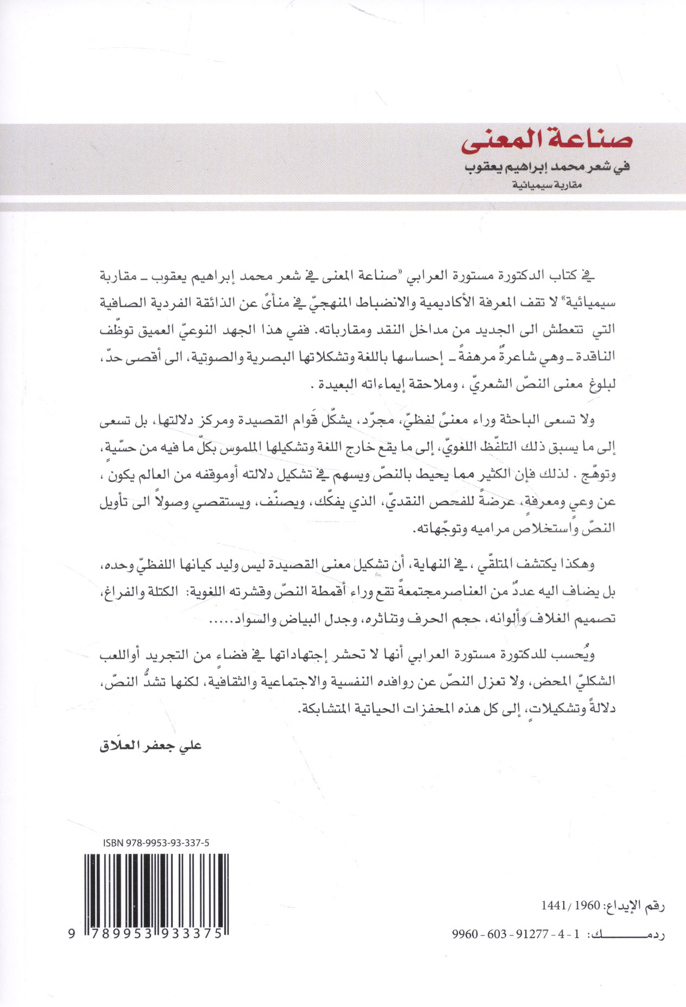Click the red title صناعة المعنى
pyautogui.click(x=547, y=140)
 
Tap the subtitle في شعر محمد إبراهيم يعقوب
pyautogui.click(x=547, y=167)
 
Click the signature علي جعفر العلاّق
pyautogui.click(x=151, y=745)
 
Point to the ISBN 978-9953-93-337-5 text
pyautogui.click(x=156, y=842)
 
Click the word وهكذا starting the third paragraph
pyautogui.click(x=578, y=564)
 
